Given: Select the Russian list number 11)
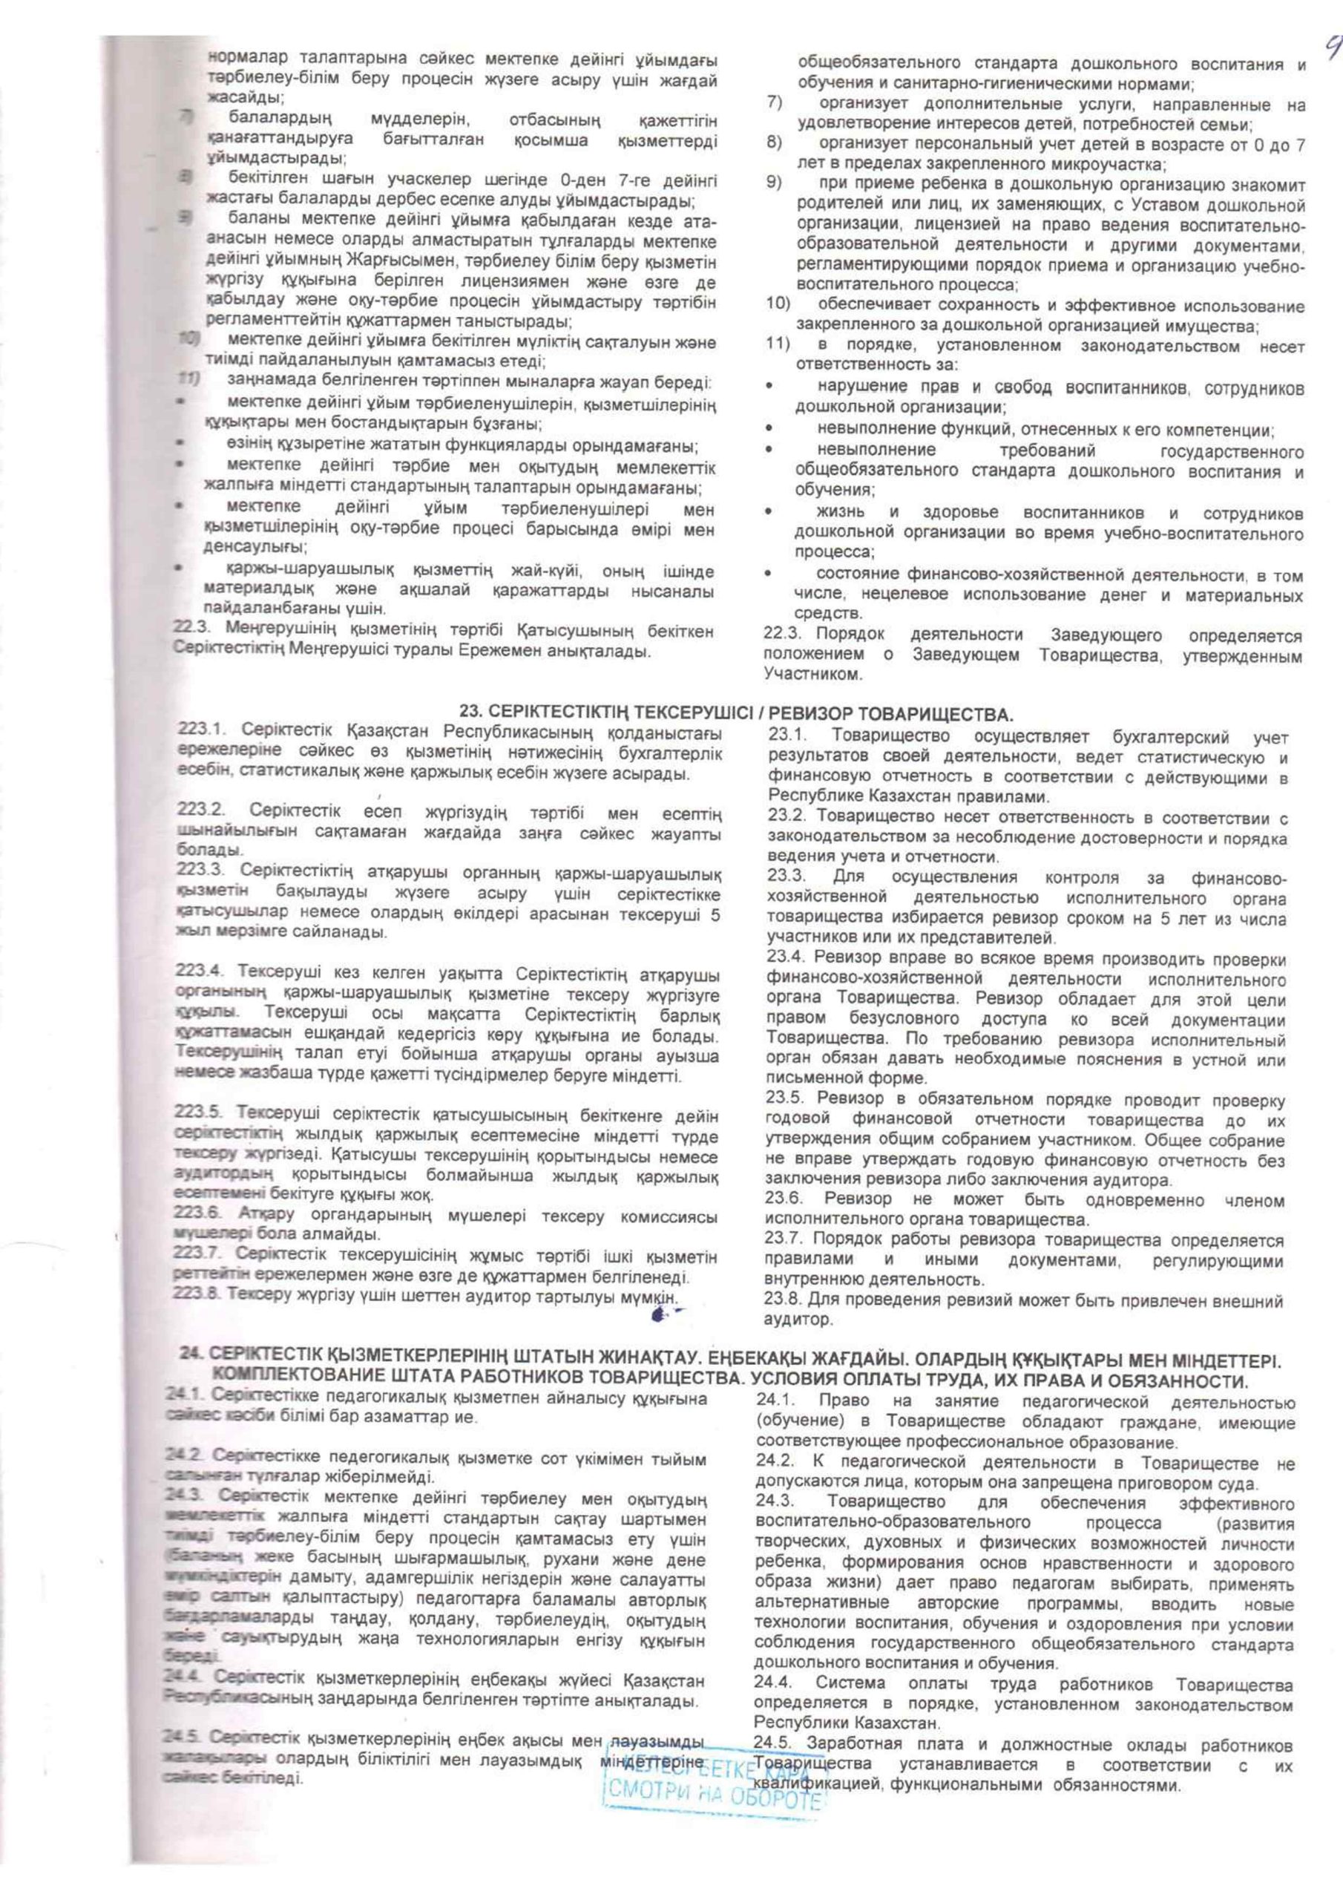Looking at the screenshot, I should click(778, 347).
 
